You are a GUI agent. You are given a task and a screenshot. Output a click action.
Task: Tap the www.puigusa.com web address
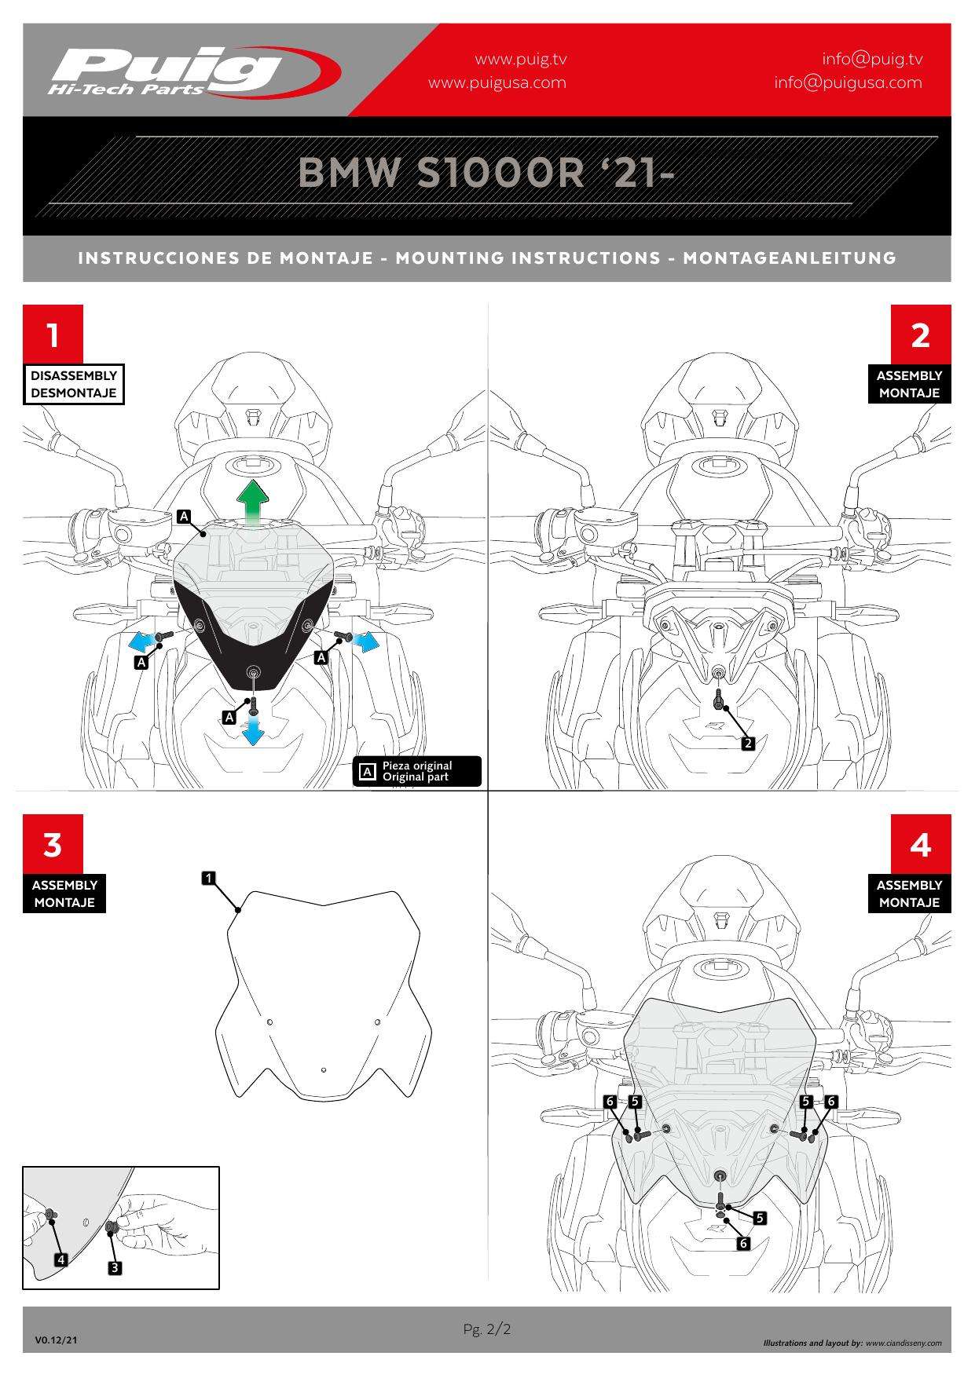497,82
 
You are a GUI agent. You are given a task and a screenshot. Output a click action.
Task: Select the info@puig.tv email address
872,59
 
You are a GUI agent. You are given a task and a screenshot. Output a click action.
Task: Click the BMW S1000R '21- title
486,173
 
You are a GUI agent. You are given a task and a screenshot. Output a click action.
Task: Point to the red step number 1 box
53,334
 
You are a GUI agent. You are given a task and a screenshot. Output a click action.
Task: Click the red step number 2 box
921,334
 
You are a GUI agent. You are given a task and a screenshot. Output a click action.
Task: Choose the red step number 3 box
53,844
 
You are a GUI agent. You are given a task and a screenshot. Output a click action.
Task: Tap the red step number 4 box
921,844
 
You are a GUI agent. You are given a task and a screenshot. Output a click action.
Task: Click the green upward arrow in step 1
253,503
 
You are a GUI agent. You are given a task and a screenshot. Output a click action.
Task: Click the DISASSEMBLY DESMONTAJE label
74,384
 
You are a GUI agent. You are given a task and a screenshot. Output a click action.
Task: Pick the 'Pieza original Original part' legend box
418,771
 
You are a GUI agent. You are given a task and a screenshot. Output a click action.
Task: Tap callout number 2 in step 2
748,743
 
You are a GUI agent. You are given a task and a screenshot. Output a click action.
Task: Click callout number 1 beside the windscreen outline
209,878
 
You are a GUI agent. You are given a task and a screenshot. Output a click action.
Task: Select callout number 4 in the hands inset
61,1259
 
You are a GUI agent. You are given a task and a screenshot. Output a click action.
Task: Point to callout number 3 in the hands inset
114,1267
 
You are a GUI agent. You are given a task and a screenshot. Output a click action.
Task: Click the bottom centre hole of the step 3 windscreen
324,1070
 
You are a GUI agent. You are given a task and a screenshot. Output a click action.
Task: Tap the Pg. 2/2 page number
487,1329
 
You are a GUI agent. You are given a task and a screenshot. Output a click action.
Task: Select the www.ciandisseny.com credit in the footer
903,1343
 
